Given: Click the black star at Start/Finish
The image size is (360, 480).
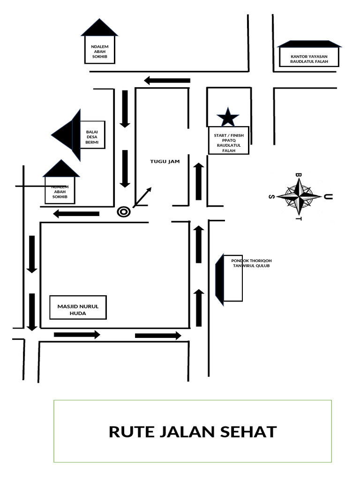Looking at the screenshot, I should pyautogui.click(x=228, y=117).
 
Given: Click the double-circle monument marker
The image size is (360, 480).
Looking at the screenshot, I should pyautogui.click(x=123, y=212).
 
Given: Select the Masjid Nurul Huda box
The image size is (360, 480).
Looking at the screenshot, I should pyautogui.click(x=78, y=307).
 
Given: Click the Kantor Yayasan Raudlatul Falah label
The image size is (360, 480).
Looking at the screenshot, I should pyautogui.click(x=309, y=59).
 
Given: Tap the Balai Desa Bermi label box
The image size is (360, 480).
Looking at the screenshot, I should pyautogui.click(x=92, y=135).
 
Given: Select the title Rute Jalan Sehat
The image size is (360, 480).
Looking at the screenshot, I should pyautogui.click(x=193, y=432).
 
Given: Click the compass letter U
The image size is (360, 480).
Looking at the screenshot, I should pyautogui.click(x=329, y=196).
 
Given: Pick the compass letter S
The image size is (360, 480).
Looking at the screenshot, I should pyautogui.click(x=271, y=196).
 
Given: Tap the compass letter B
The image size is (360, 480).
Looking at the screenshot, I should pyautogui.click(x=299, y=175).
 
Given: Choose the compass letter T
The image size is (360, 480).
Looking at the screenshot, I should pyautogui.click(x=299, y=218).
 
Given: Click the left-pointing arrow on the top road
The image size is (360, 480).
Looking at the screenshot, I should pyautogui.click(x=167, y=81).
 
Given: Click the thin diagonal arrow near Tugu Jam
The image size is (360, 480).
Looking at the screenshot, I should pyautogui.click(x=143, y=197).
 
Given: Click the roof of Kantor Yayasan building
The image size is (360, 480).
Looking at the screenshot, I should pyautogui.click(x=309, y=44).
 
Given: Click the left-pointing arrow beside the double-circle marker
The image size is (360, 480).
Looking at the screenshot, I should pyautogui.click(x=76, y=214).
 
